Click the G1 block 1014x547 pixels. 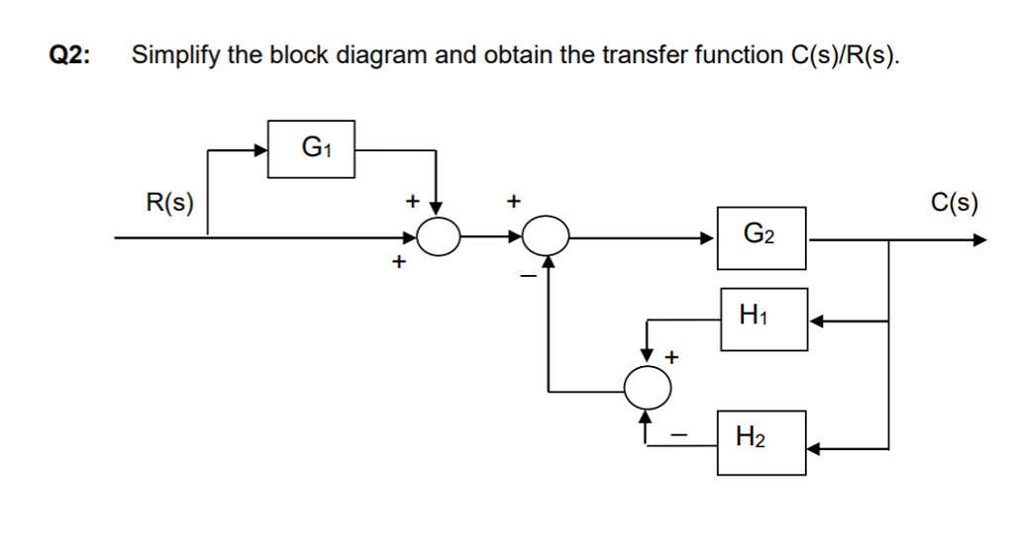pyautogui.click(x=312, y=150)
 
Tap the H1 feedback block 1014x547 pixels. pyautogui.click(x=763, y=319)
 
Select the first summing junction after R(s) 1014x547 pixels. pyautogui.click(x=438, y=237)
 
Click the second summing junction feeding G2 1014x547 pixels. pyautogui.click(x=546, y=237)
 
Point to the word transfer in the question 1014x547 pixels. pyautogui.click(x=626, y=54)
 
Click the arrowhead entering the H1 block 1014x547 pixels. pyautogui.click(x=816, y=319)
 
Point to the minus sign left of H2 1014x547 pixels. pyautogui.click(x=679, y=432)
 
